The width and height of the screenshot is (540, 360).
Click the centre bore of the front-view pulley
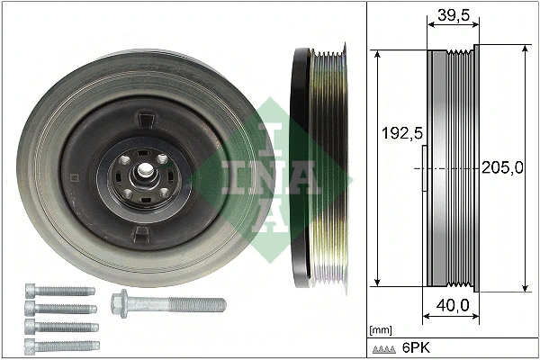tap(143, 171)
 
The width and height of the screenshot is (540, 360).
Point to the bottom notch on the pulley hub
tap(141, 234)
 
